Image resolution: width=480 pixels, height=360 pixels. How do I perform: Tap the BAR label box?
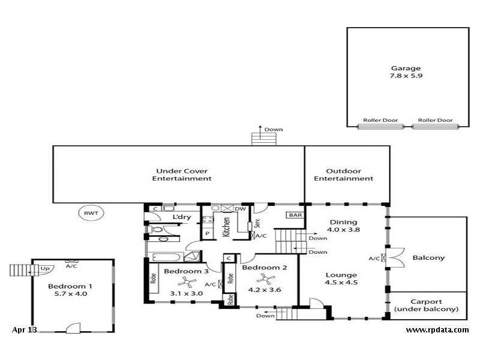(295, 215)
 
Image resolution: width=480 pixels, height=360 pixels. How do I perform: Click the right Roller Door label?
(435, 120)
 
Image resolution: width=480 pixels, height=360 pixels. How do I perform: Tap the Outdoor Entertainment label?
(343, 178)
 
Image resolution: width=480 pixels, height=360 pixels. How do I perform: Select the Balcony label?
(428, 258)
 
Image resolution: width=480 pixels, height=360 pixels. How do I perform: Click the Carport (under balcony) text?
(426, 309)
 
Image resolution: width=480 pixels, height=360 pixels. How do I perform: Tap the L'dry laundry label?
(181, 217)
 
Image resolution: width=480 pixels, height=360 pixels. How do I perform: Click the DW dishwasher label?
(240, 208)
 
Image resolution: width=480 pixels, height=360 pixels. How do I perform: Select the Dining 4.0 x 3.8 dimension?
(343, 229)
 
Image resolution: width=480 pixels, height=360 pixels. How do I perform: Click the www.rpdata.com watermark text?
(437, 329)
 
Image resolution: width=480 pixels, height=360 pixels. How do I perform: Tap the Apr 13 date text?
(24, 329)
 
